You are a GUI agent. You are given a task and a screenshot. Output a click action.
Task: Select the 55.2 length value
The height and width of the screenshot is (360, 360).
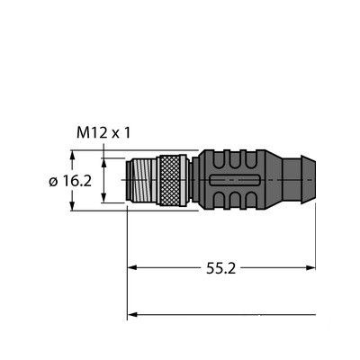(x=220, y=267)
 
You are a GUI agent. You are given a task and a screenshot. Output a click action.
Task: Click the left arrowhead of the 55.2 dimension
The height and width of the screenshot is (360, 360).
(x=136, y=267)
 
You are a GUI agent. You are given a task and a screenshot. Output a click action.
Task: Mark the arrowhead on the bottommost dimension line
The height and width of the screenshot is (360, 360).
(x=136, y=314)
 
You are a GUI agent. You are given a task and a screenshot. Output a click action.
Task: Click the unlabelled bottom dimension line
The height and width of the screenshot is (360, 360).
(x=225, y=314)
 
